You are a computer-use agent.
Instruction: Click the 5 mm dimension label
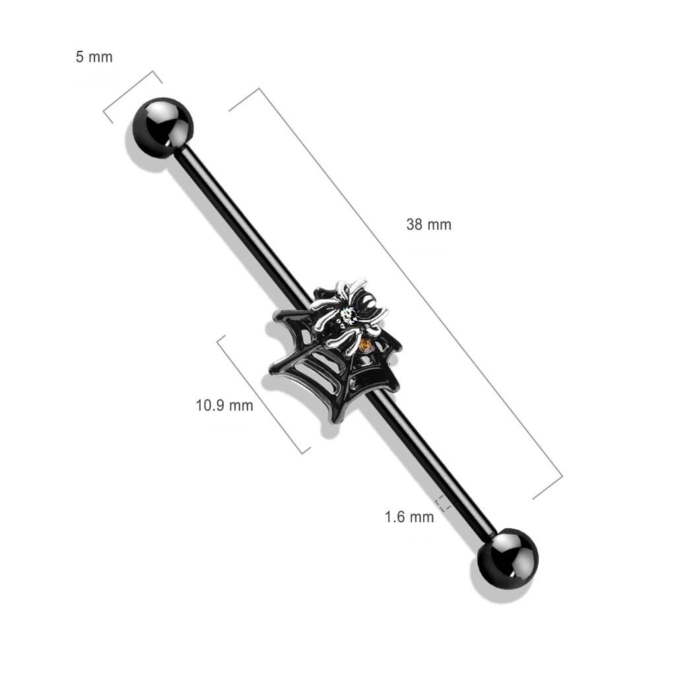94,57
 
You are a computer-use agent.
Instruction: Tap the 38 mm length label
428,224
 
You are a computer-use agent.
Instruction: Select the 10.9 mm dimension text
224,405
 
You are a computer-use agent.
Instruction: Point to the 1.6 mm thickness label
409,517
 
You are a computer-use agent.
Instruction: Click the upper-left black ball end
162,127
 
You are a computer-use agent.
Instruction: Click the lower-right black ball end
508,558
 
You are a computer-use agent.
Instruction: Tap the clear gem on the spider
348,317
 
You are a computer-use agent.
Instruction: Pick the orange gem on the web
364,345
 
